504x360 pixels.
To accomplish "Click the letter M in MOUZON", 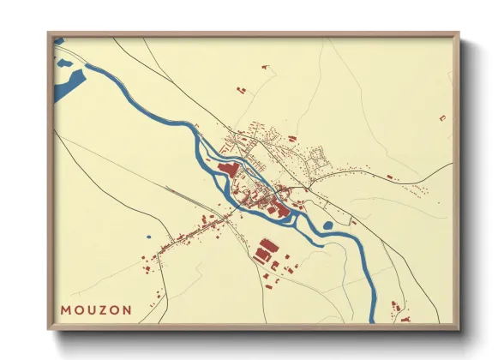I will click(66, 309).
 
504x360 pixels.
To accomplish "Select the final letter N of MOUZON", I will click(128, 309).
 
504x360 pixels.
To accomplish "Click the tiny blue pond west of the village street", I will click(147, 237).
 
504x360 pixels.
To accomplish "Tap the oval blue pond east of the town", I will click(327, 225).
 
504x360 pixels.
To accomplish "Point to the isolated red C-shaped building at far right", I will click(442, 117).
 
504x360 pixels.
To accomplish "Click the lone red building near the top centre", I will click(265, 66).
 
